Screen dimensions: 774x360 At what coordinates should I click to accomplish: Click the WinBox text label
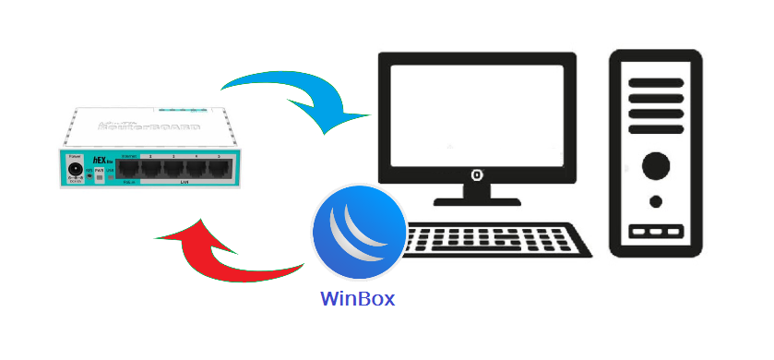[358, 299]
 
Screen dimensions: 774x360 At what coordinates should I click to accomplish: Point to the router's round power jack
[77, 172]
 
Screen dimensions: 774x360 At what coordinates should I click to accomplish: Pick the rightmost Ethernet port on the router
[220, 167]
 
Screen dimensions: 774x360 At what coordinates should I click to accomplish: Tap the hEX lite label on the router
[100, 160]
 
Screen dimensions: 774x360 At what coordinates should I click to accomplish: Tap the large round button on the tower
[656, 166]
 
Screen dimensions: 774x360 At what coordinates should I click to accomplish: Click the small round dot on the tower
[656, 201]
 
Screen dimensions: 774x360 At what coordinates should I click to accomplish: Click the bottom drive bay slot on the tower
[656, 115]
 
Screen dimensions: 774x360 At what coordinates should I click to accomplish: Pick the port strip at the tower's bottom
[656, 232]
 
